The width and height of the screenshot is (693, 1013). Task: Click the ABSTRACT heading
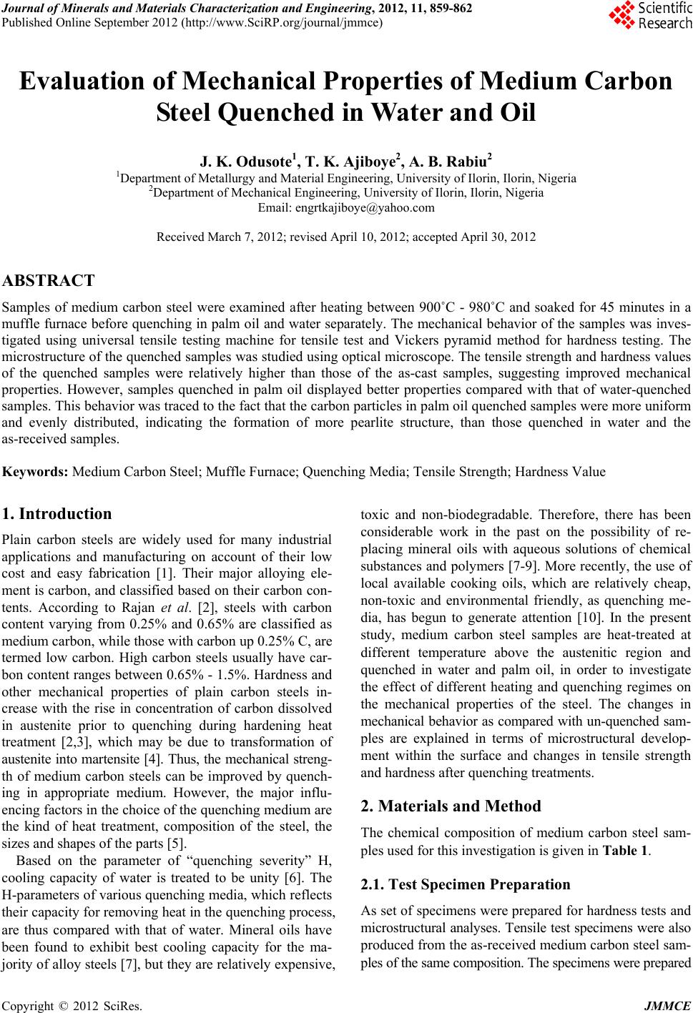coord(49,280)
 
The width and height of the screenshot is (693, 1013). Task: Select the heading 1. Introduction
coord(57,513)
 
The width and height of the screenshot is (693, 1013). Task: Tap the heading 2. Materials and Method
coord(451,806)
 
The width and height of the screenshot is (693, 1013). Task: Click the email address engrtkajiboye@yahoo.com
coord(346,208)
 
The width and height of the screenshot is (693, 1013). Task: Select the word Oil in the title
coord(514,113)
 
